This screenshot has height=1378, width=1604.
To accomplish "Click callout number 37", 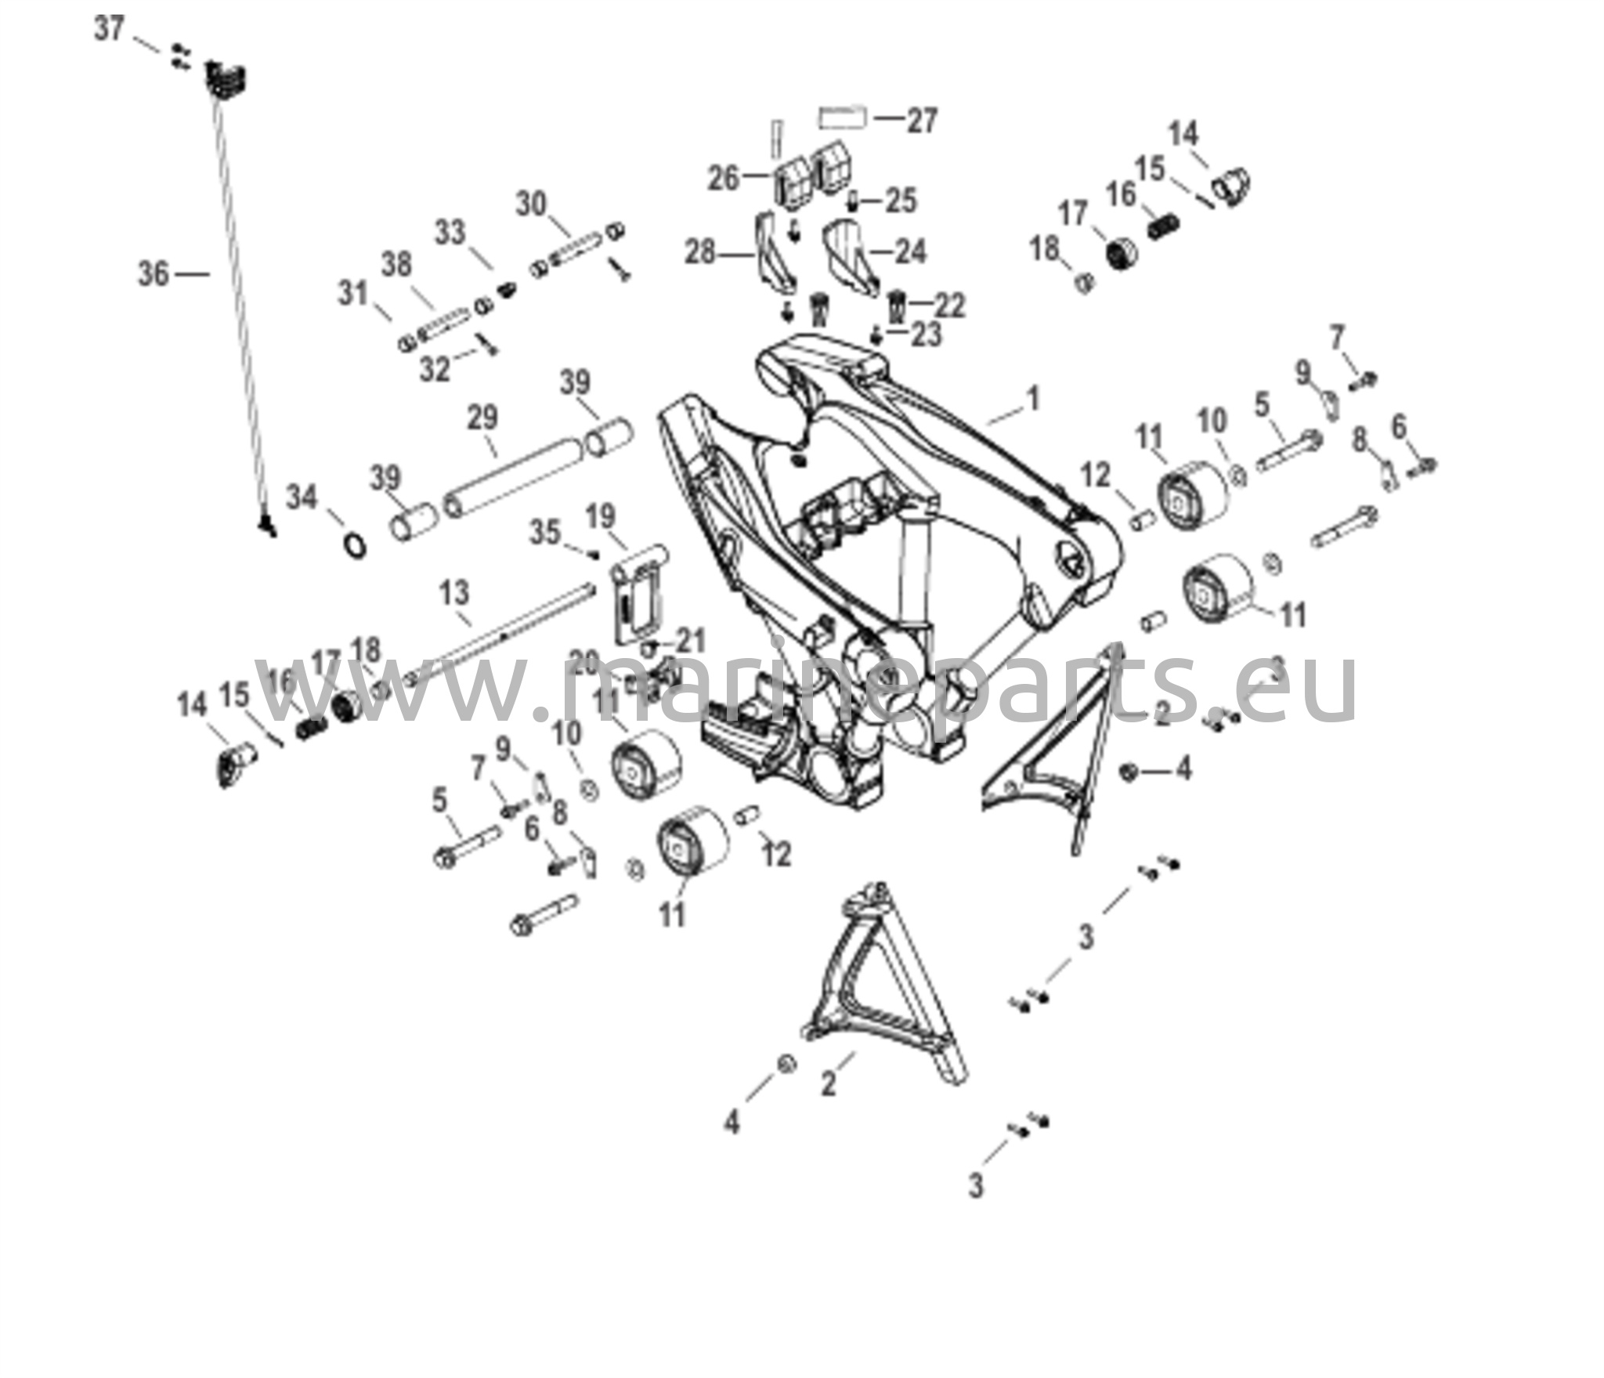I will click(110, 30).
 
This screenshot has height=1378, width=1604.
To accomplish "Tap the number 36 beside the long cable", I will click(154, 273).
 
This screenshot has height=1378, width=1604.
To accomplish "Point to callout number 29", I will click(482, 418).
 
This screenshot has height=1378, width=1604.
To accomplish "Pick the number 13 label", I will click(454, 592).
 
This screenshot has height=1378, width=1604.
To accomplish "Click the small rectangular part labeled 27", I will click(842, 118).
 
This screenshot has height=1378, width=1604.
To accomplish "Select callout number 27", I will click(922, 121).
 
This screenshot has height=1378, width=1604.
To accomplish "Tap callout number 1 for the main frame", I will click(1033, 398).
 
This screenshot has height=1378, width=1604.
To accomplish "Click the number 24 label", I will click(909, 252).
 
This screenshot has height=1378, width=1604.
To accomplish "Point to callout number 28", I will click(702, 253).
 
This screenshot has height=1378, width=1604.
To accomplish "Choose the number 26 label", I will click(723, 179).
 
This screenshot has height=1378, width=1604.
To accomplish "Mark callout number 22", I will click(950, 306).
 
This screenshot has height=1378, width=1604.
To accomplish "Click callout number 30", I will click(531, 204).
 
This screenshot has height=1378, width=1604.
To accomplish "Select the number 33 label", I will click(450, 233).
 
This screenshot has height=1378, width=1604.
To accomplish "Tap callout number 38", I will click(396, 265).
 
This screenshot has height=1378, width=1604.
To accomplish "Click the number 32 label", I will click(435, 368).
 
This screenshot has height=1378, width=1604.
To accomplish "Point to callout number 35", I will click(546, 533).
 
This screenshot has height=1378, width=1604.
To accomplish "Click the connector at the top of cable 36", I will click(226, 80).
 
